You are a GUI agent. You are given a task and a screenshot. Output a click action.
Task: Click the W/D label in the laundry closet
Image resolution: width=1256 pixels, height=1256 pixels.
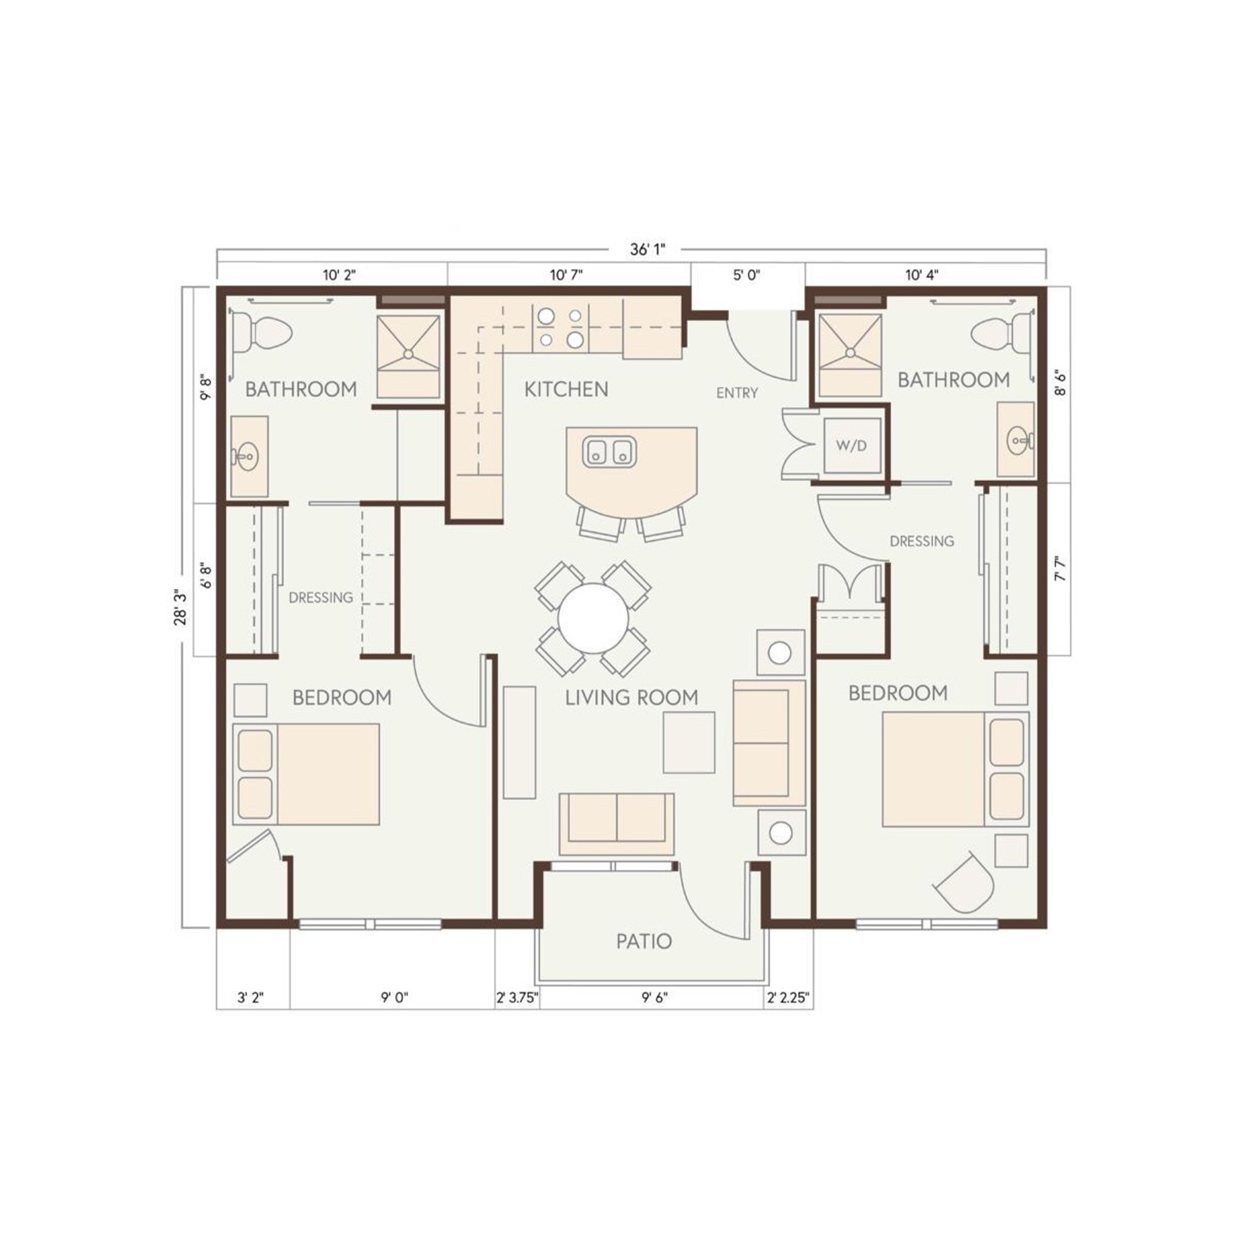(851, 446)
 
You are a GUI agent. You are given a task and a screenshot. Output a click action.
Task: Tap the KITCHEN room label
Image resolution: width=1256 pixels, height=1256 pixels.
(566, 389)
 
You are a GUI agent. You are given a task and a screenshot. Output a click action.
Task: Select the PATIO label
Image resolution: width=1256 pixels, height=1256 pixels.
(643, 941)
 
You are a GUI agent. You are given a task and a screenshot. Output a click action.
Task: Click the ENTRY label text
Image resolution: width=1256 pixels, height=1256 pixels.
(737, 392)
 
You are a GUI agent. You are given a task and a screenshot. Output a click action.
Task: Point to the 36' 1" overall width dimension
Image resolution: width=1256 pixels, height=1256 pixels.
(648, 250)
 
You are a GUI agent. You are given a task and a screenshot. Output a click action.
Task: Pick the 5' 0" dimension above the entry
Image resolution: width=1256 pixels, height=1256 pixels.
(746, 275)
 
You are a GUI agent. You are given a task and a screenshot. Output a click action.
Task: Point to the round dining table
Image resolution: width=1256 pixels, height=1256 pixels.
(594, 618)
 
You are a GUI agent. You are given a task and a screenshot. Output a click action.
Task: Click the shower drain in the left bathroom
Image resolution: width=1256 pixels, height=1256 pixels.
(408, 354)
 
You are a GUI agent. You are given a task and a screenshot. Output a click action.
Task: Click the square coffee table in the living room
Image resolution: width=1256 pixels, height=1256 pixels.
(689, 743)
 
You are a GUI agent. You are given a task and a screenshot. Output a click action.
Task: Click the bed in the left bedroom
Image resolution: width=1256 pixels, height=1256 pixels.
(306, 775)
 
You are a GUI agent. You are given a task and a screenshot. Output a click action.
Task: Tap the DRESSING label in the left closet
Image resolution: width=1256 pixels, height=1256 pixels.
(321, 597)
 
